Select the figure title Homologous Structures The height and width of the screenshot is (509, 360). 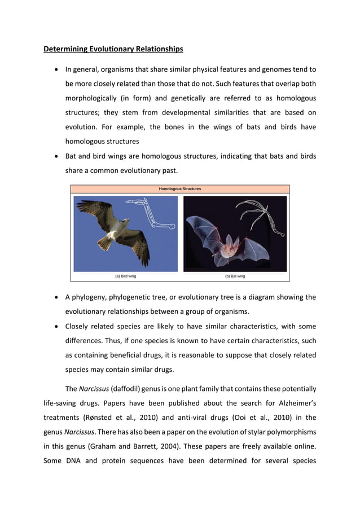(x=179, y=189)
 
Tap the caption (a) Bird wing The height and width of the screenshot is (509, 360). (x=125, y=277)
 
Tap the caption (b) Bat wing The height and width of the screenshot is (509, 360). (x=235, y=277)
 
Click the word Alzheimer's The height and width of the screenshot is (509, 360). (x=293, y=403)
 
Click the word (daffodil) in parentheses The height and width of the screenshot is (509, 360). (x=112, y=389)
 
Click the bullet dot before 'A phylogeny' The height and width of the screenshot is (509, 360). (x=56, y=297)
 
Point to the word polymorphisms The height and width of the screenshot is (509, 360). (x=291, y=433)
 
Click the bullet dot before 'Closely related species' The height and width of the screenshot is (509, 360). (x=56, y=327)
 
